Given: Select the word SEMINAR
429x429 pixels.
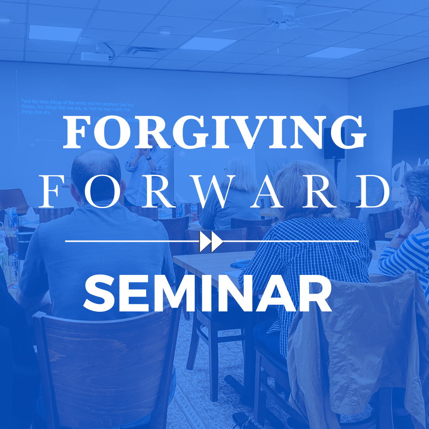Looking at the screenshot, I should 207,294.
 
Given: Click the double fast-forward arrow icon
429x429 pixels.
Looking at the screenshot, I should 211,241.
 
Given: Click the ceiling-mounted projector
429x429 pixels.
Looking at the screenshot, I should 95,56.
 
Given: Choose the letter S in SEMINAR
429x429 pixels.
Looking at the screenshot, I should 98,294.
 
